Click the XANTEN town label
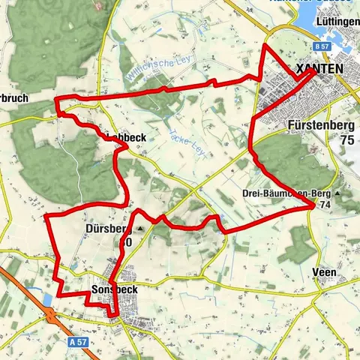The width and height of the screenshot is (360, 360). (320, 69)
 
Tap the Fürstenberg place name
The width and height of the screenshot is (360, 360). (320, 127)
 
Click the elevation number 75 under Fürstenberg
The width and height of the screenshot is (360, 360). (346, 140)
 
